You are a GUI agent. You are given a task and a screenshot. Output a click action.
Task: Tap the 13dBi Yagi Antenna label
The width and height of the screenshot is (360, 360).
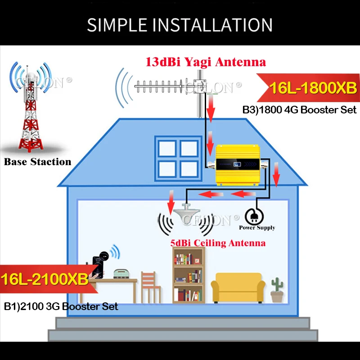tap(205, 62)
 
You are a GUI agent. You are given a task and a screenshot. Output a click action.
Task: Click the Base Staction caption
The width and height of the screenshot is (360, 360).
tap(37, 162)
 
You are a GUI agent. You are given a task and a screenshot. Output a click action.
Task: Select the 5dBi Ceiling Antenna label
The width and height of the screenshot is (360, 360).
tap(217, 243)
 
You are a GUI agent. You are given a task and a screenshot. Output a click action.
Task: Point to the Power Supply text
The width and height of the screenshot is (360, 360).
tap(257, 228)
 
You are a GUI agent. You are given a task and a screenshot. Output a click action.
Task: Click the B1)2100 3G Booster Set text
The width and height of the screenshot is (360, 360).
tap(61, 306)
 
